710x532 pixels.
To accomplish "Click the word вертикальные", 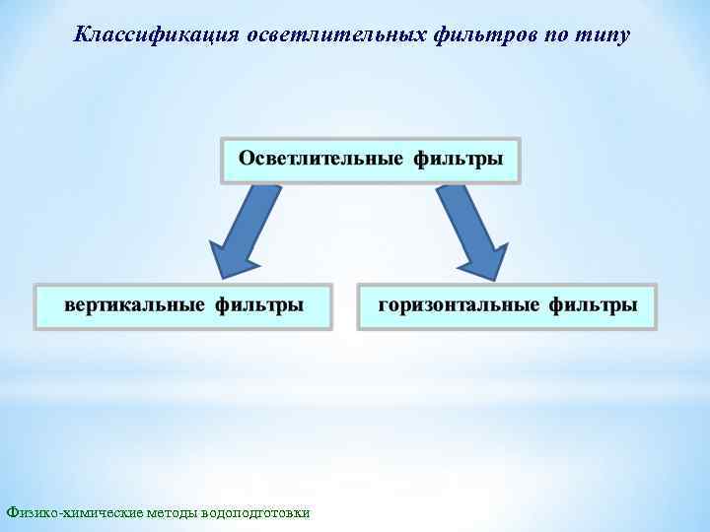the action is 135,304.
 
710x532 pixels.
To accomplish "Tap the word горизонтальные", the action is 459,304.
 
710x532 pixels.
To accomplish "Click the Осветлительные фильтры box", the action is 370,160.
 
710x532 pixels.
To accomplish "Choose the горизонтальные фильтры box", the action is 507,306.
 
